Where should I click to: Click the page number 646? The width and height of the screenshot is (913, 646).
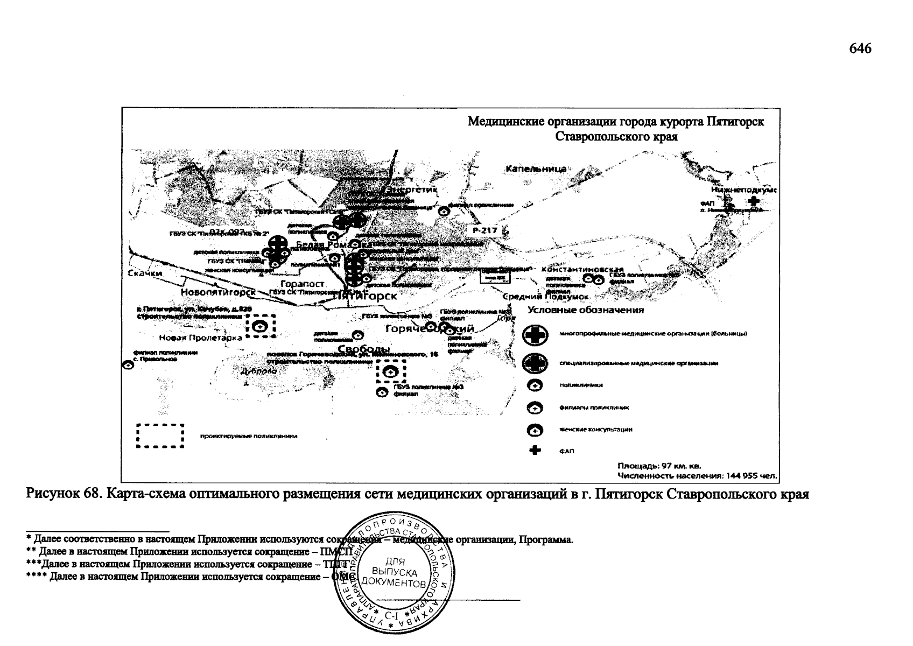(860, 48)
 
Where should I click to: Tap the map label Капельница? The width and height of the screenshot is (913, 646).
(536, 169)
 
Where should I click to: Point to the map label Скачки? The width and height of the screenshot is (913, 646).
(145, 273)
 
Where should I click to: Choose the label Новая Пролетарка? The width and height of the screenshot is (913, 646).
(200, 338)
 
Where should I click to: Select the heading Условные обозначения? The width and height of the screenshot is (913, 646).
(586, 310)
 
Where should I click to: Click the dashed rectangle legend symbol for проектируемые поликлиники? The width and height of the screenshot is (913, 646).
(160, 436)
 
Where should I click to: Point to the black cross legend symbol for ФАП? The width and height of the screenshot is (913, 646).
(535, 451)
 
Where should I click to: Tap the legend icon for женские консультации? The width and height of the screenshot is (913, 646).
(535, 430)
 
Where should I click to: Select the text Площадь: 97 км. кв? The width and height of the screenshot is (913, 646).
(659, 466)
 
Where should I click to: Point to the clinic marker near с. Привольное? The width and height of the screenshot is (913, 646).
(128, 364)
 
